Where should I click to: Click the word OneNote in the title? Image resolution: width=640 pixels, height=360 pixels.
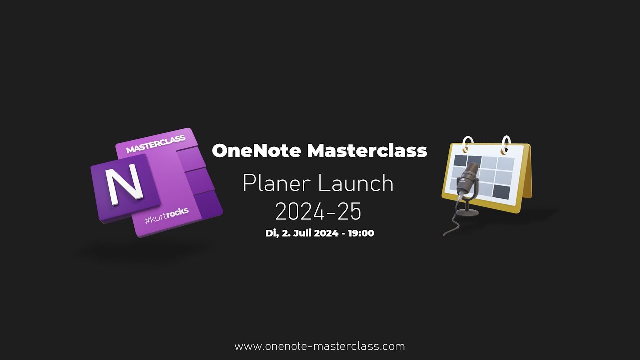click(257, 150)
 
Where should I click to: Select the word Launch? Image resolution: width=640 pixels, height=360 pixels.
click(356, 184)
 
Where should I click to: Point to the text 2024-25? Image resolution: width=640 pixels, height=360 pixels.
click(318, 212)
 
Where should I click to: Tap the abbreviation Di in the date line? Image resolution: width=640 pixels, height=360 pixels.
click(271, 233)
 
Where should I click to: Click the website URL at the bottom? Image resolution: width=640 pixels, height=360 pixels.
click(320, 346)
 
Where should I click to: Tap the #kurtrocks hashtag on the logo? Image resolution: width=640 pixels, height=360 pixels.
click(166, 215)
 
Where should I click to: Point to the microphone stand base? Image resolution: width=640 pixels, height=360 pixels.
click(467, 212)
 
